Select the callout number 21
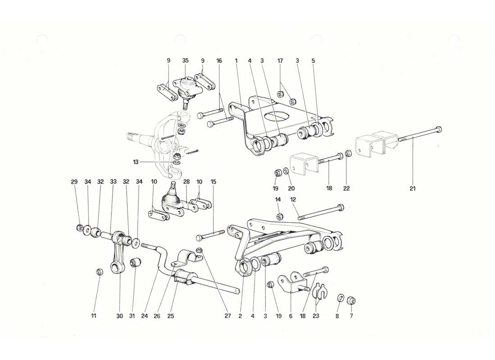pyautogui.click(x=412, y=189)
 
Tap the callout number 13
pyautogui.click(x=135, y=162)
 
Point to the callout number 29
pyautogui.click(x=74, y=182)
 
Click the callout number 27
pyautogui.click(x=228, y=316)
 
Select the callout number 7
pyautogui.click(x=351, y=316)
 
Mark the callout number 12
pyautogui.click(x=293, y=199)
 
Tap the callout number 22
pyautogui.click(x=346, y=189)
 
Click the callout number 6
pyautogui.click(x=291, y=316)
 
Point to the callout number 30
pyautogui.click(x=119, y=316)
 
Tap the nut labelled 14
pyautogui.click(x=279, y=217)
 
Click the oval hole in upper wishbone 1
pyautogui.click(x=277, y=116)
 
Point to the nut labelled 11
pyautogui.click(x=100, y=271)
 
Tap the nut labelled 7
pyautogui.click(x=352, y=300)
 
